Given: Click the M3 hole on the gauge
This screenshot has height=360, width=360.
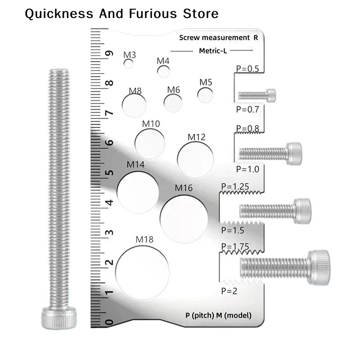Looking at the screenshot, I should pyautogui.click(x=129, y=64).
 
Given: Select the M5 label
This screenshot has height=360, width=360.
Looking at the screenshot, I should pyautogui.click(x=206, y=82).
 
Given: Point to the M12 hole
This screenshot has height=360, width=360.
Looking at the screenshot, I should pyautogui.click(x=195, y=160).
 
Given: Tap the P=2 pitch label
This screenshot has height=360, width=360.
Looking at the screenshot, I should pyautogui.click(x=229, y=291).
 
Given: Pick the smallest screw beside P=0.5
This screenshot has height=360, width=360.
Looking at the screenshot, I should pyautogui.click(x=256, y=95).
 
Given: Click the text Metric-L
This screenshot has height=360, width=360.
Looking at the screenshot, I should pyautogui.click(x=213, y=51).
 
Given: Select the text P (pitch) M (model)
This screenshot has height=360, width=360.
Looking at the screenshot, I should pyautogui.click(x=218, y=315).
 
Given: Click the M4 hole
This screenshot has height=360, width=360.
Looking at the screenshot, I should pyautogui.click(x=163, y=71).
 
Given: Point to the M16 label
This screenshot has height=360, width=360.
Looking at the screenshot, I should pyautogui.click(x=184, y=188).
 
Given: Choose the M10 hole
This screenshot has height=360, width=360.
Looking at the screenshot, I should pyautogui.click(x=150, y=142).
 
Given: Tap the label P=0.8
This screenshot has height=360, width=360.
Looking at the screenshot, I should pyautogui.click(x=247, y=129).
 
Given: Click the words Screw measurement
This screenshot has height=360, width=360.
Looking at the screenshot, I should pyautogui.click(x=214, y=38).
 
